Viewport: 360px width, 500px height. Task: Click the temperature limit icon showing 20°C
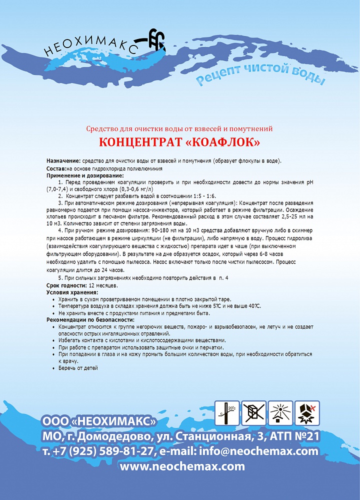coord(227,413)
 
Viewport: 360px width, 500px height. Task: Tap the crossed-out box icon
coord(254,413)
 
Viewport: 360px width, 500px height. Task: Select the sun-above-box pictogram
coord(280,413)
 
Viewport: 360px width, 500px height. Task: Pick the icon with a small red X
coord(307,413)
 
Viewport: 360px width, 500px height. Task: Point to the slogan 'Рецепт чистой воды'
coord(260,75)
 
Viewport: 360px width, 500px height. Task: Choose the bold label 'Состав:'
coord(56,168)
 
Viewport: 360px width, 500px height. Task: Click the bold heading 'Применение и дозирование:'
coord(85,176)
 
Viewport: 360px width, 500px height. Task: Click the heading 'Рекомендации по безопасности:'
coord(90,319)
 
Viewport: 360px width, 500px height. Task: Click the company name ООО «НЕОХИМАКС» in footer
coord(99,420)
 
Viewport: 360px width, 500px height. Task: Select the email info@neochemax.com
coord(258,451)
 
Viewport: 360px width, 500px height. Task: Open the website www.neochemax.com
coord(182,466)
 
